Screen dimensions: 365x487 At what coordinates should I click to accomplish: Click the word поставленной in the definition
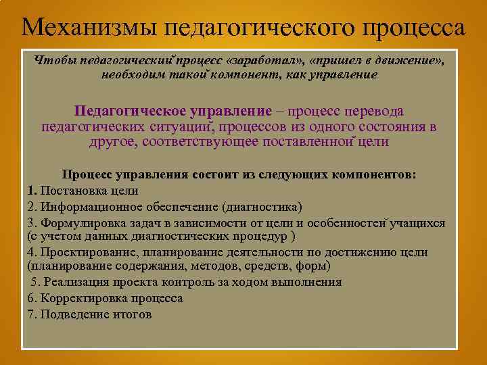[305, 142]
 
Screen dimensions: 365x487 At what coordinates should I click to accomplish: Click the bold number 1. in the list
[32, 191]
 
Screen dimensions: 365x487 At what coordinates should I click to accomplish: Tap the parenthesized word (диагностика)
[262, 207]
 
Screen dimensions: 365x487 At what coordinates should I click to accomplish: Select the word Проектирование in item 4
[86, 252]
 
